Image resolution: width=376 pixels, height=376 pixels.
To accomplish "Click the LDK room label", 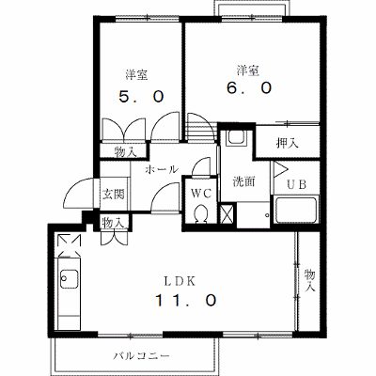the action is [180, 281].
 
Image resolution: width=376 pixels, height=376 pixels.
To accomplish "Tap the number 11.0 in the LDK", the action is [186, 301].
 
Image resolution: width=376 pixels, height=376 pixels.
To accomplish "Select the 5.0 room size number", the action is [141, 97].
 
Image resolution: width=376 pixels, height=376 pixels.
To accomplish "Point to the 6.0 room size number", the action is [249, 88].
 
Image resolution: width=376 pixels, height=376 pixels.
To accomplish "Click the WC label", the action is [201, 194].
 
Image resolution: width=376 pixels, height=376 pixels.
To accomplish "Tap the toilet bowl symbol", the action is [200, 214].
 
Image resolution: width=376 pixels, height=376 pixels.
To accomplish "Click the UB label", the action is [297, 184].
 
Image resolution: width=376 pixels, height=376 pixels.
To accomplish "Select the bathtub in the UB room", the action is [296, 210].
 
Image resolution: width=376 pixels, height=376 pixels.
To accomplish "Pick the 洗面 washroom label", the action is [243, 181].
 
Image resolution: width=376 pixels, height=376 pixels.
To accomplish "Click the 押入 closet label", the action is [287, 143].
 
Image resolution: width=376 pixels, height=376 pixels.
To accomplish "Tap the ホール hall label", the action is [162, 169].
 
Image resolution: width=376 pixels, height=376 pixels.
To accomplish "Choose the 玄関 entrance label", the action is [114, 195].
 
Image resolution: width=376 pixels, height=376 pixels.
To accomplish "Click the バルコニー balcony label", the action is [142, 355].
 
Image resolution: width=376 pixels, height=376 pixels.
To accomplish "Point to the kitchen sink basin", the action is [70, 279].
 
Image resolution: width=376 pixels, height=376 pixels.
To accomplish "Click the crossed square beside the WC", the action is [227, 214].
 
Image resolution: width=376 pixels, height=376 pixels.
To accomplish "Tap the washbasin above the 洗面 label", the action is [237, 136].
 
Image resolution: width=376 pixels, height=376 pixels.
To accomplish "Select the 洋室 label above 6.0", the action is [248, 70].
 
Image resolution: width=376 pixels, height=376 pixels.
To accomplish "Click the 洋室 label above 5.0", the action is [136, 74].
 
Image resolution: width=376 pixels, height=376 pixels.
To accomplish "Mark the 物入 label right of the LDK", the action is [310, 281].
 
